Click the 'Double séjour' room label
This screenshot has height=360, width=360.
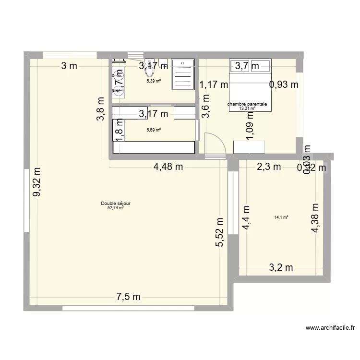pyautogui.click(x=116, y=204)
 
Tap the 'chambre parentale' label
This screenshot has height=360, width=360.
pyautogui.click(x=247, y=104)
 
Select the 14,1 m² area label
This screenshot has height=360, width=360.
pyautogui.click(x=281, y=217)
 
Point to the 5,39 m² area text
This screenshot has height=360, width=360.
pyautogui.click(x=154, y=81)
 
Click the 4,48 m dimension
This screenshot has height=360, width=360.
pyautogui.click(x=168, y=167)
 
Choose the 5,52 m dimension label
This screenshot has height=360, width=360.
pyautogui.click(x=220, y=232)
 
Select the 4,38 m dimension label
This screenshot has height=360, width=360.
pyautogui.click(x=315, y=218)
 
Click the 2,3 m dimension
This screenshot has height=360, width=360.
pyautogui.click(x=269, y=167)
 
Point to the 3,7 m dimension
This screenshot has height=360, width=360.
pyautogui.click(x=247, y=66)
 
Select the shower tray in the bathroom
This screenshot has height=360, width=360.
pyautogui.click(x=182, y=74)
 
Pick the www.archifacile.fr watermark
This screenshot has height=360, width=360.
pyautogui.click(x=330, y=329)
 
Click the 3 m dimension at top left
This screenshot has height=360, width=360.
pyautogui.click(x=69, y=66)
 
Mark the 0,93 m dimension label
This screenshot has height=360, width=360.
pyautogui.click(x=284, y=85)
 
